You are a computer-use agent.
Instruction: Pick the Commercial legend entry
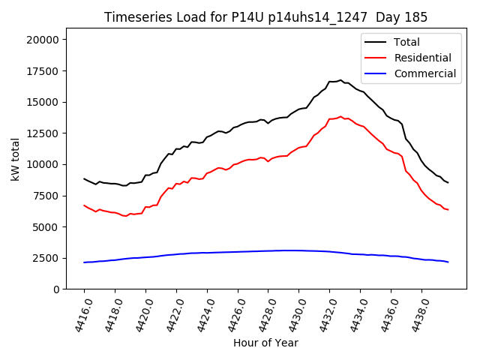[424, 73]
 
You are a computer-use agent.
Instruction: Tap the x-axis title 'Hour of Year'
[265, 343]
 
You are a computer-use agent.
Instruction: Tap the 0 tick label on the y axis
[58, 289]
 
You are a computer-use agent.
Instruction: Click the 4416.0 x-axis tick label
[77, 315]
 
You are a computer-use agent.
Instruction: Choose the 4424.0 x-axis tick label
[200, 315]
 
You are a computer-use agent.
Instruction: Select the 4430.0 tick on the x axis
[292, 315]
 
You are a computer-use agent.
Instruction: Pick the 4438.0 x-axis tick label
[415, 315]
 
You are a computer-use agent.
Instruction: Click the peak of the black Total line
[340, 80]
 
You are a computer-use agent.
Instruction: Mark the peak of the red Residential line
[340, 116]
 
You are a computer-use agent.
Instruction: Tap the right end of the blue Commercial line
[448, 262]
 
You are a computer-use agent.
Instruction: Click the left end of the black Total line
[84, 178]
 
